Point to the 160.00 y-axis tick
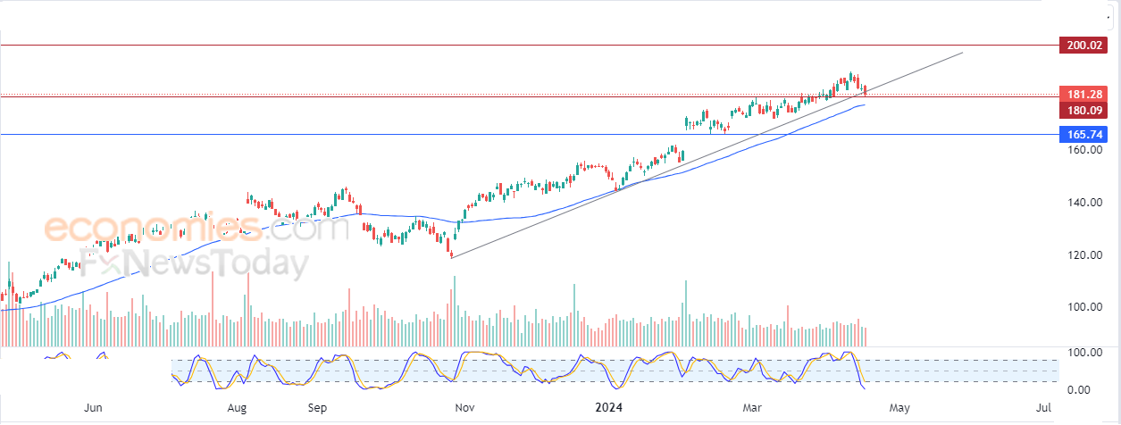(x=1083, y=150)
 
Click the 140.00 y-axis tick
(x=1083, y=203)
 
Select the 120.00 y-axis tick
(x=1083, y=255)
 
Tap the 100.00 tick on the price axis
(x=1083, y=307)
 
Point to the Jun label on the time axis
(x=94, y=408)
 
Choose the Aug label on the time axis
(x=237, y=408)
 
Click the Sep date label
(x=318, y=408)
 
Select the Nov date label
(x=464, y=408)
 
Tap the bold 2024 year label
(x=612, y=408)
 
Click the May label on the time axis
(x=899, y=408)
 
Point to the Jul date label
(x=1043, y=408)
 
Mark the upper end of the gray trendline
(x=963, y=53)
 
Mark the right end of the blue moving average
(x=865, y=105)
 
